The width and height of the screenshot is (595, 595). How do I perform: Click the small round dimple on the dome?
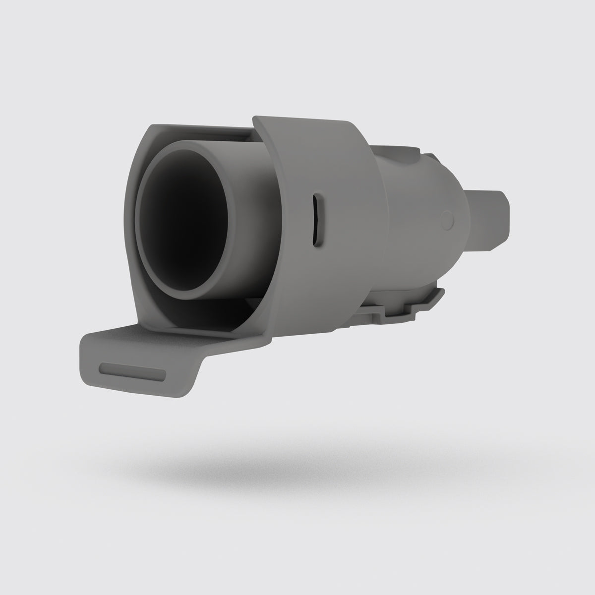coord(448,219)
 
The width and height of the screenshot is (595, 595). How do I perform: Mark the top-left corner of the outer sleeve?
coord(255,119)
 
